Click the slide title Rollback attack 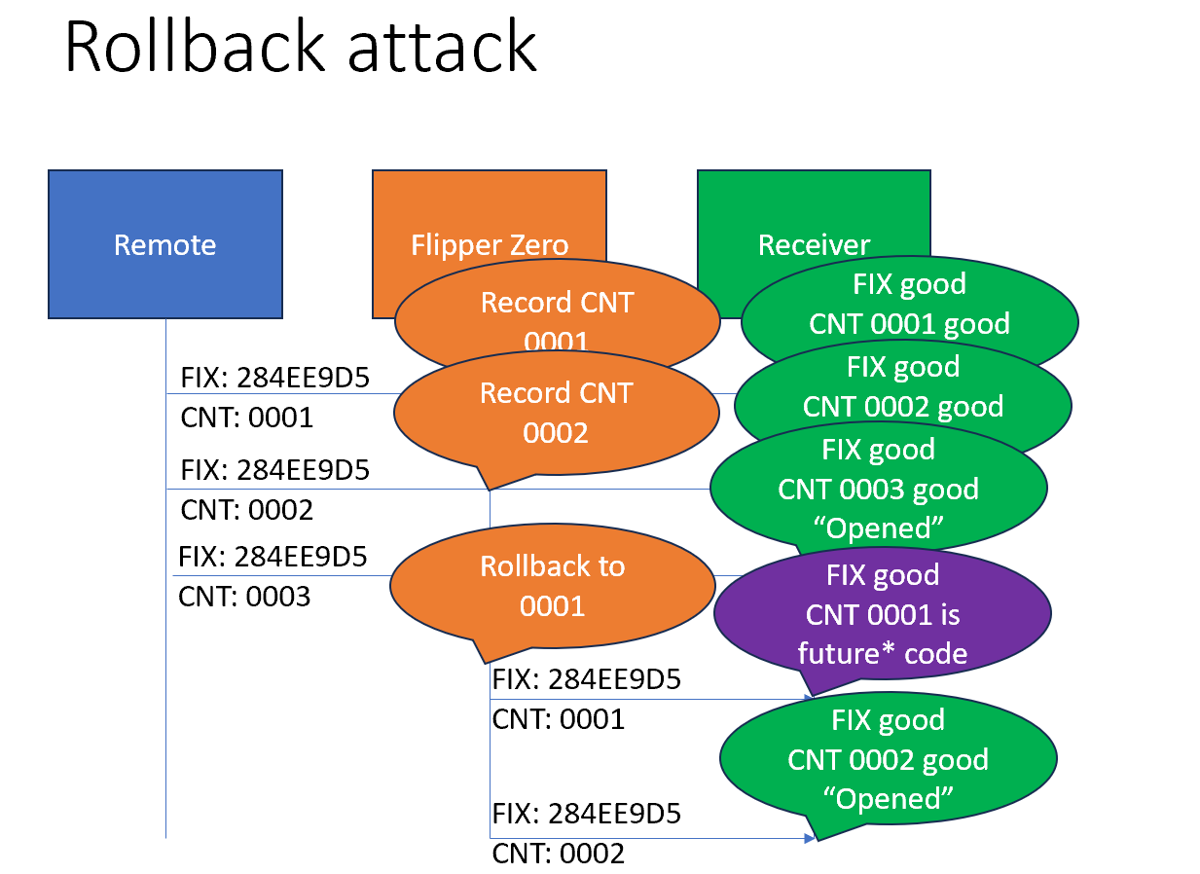(300, 47)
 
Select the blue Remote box (165, 244)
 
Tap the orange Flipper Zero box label (490, 243)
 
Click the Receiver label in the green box (814, 244)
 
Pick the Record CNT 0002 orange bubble (556, 413)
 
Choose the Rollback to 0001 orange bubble (552, 586)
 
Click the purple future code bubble (883, 614)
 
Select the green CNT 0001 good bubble (909, 311)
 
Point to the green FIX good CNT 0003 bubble (879, 489)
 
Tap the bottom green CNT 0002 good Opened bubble (888, 759)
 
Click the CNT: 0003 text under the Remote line (244, 596)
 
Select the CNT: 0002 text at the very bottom (558, 854)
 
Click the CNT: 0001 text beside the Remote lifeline (247, 418)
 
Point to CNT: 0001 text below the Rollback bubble (558, 719)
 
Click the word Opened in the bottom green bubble (888, 798)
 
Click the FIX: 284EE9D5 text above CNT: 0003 (273, 557)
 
